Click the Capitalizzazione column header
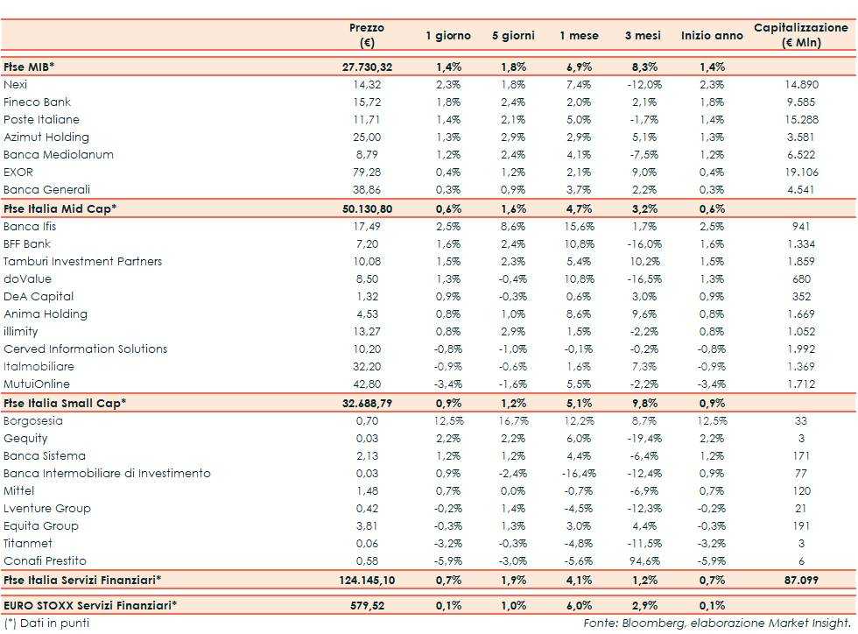click(801, 35)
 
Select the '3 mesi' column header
click(642, 36)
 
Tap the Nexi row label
click(16, 84)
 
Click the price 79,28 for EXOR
click(367, 172)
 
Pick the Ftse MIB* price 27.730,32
click(367, 67)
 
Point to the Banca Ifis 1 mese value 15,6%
click(579, 226)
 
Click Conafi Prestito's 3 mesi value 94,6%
click(644, 560)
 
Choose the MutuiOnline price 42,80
click(367, 384)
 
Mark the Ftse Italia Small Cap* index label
click(65, 403)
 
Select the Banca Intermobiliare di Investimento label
click(107, 473)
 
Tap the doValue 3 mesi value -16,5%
click(643, 278)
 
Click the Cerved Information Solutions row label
click(85, 349)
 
